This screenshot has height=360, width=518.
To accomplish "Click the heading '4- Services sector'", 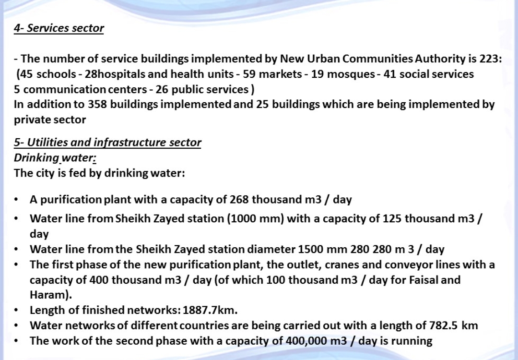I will click(x=59, y=28).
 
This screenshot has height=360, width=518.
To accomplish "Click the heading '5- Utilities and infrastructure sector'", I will click(x=107, y=143).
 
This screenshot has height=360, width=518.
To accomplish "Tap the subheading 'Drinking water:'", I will click(x=55, y=158).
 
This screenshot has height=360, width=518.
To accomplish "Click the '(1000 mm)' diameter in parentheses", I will click(x=256, y=219).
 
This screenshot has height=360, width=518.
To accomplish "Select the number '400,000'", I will click(x=305, y=341).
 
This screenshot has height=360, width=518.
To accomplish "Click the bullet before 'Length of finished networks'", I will click(x=17, y=311).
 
